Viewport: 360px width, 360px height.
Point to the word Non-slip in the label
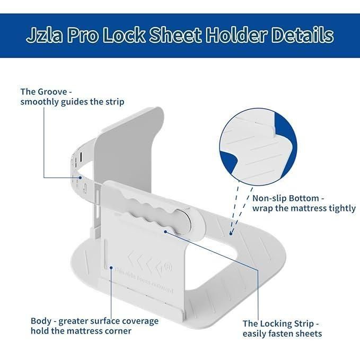point(271,198)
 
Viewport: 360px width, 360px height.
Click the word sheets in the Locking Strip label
point(308,333)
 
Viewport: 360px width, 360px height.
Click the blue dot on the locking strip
point(166,231)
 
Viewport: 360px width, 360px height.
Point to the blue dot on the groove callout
point(81,177)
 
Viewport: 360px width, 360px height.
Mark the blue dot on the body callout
point(111,262)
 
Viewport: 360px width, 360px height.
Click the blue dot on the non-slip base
point(231,232)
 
